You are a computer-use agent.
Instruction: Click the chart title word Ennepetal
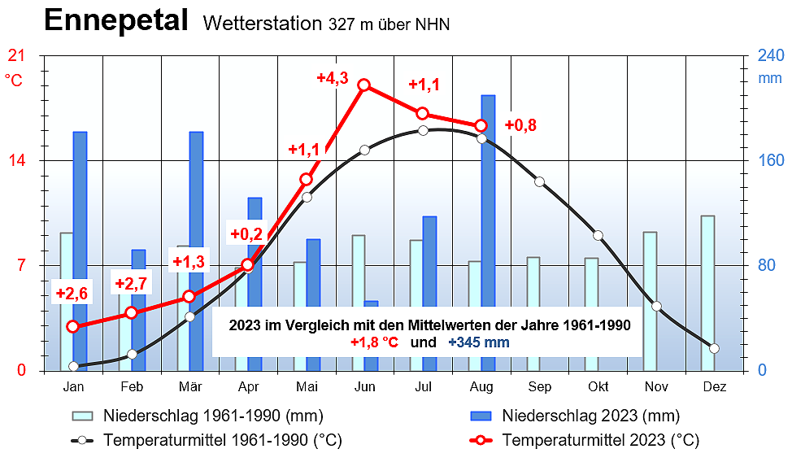coord(116,21)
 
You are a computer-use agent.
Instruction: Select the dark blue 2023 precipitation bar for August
coord(488,232)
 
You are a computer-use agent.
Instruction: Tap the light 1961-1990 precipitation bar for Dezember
coord(707,293)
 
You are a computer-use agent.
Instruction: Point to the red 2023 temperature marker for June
coord(364,85)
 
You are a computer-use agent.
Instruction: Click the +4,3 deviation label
coord(333,78)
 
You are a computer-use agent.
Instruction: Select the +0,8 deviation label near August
coord(520,125)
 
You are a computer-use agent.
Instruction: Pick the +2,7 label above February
coord(131,284)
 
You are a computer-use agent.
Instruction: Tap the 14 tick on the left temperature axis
coord(16,160)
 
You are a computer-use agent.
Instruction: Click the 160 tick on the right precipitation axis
coord(771,160)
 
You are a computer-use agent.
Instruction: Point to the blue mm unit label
coord(769,79)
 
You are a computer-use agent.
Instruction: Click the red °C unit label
coord(15,80)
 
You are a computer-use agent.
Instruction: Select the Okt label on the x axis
coord(598,386)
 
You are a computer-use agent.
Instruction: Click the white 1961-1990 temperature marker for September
coord(539,181)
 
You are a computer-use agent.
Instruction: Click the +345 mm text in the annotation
coord(479,342)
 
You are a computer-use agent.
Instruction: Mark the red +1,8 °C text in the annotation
coord(374,342)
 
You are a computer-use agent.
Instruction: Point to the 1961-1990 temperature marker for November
coord(656,307)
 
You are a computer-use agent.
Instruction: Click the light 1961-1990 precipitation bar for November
coord(650,301)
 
